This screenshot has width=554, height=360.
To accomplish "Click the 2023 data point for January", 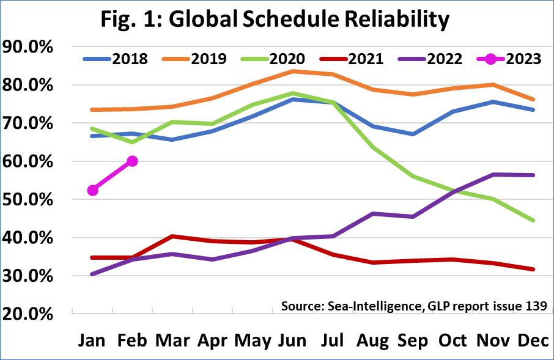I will click(93, 191).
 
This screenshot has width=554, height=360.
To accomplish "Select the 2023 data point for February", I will click(132, 161).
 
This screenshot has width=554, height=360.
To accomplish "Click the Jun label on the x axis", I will click(294, 340).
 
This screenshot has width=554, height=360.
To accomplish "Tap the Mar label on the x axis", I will click(172, 340).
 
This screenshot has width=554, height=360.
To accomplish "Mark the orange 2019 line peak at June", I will click(294, 71).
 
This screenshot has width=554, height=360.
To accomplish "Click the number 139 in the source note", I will click(534, 306).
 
